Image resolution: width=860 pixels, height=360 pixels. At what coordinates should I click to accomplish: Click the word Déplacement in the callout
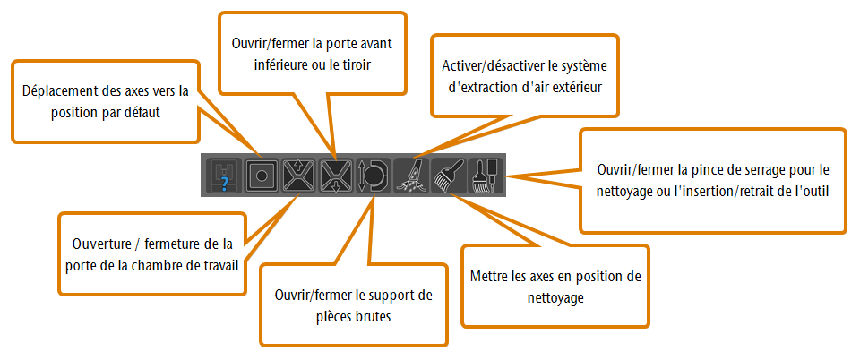pyautogui.click(x=54, y=91)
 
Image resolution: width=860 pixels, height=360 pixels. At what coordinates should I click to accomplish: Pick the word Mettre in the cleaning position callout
pyautogui.click(x=487, y=277)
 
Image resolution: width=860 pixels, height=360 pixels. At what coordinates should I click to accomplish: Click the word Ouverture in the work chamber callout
pyautogui.click(x=99, y=243)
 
